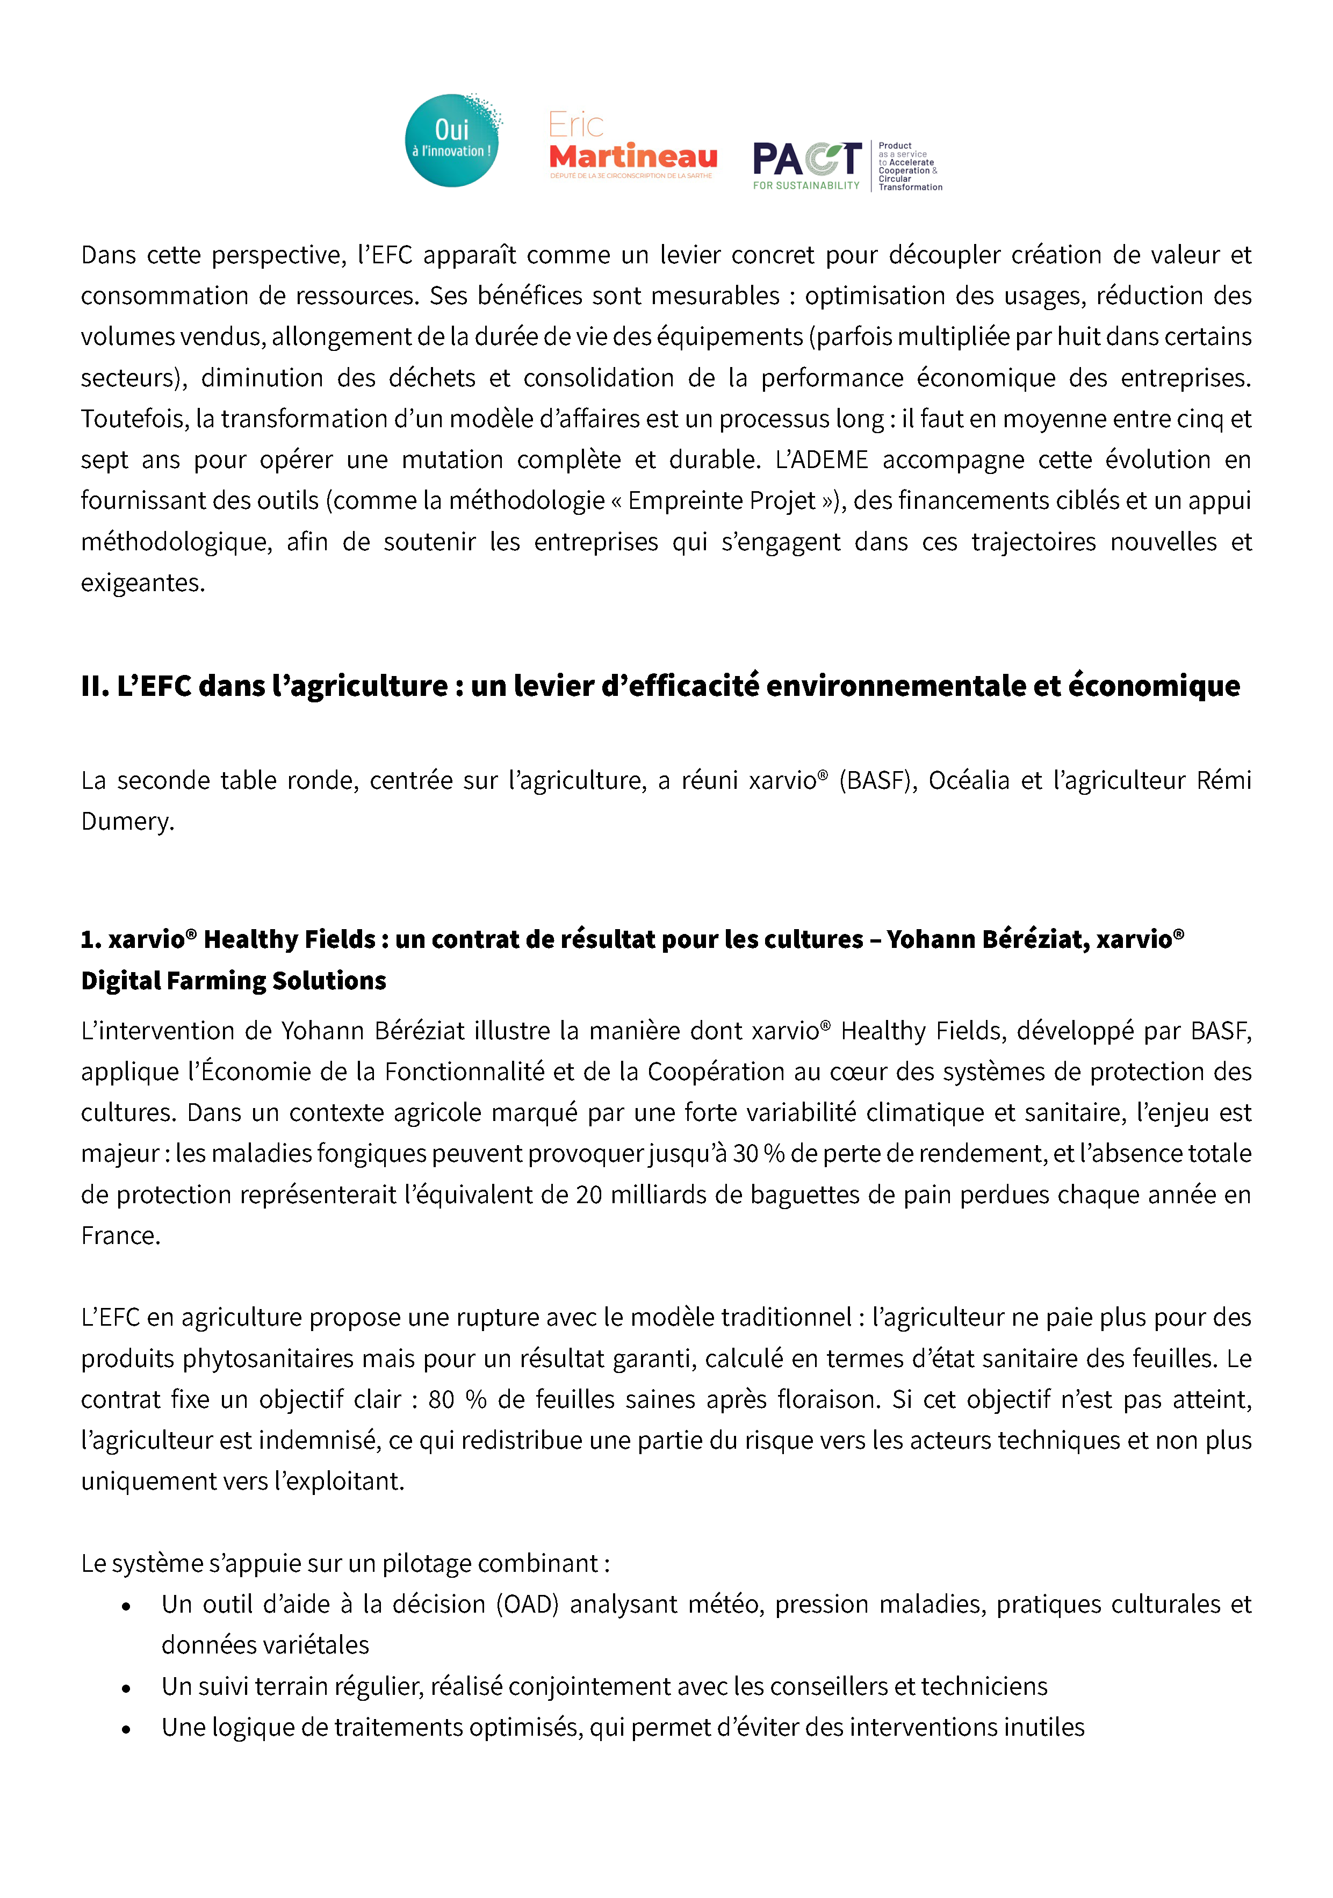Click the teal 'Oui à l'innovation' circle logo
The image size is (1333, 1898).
click(x=452, y=141)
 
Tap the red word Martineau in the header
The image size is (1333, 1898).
click(x=632, y=156)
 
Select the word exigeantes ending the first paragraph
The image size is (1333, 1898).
click(x=142, y=583)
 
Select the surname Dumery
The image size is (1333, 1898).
click(x=127, y=822)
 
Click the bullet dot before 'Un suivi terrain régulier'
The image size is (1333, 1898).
click(x=126, y=1688)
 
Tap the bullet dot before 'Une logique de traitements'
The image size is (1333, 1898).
click(x=126, y=1729)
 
